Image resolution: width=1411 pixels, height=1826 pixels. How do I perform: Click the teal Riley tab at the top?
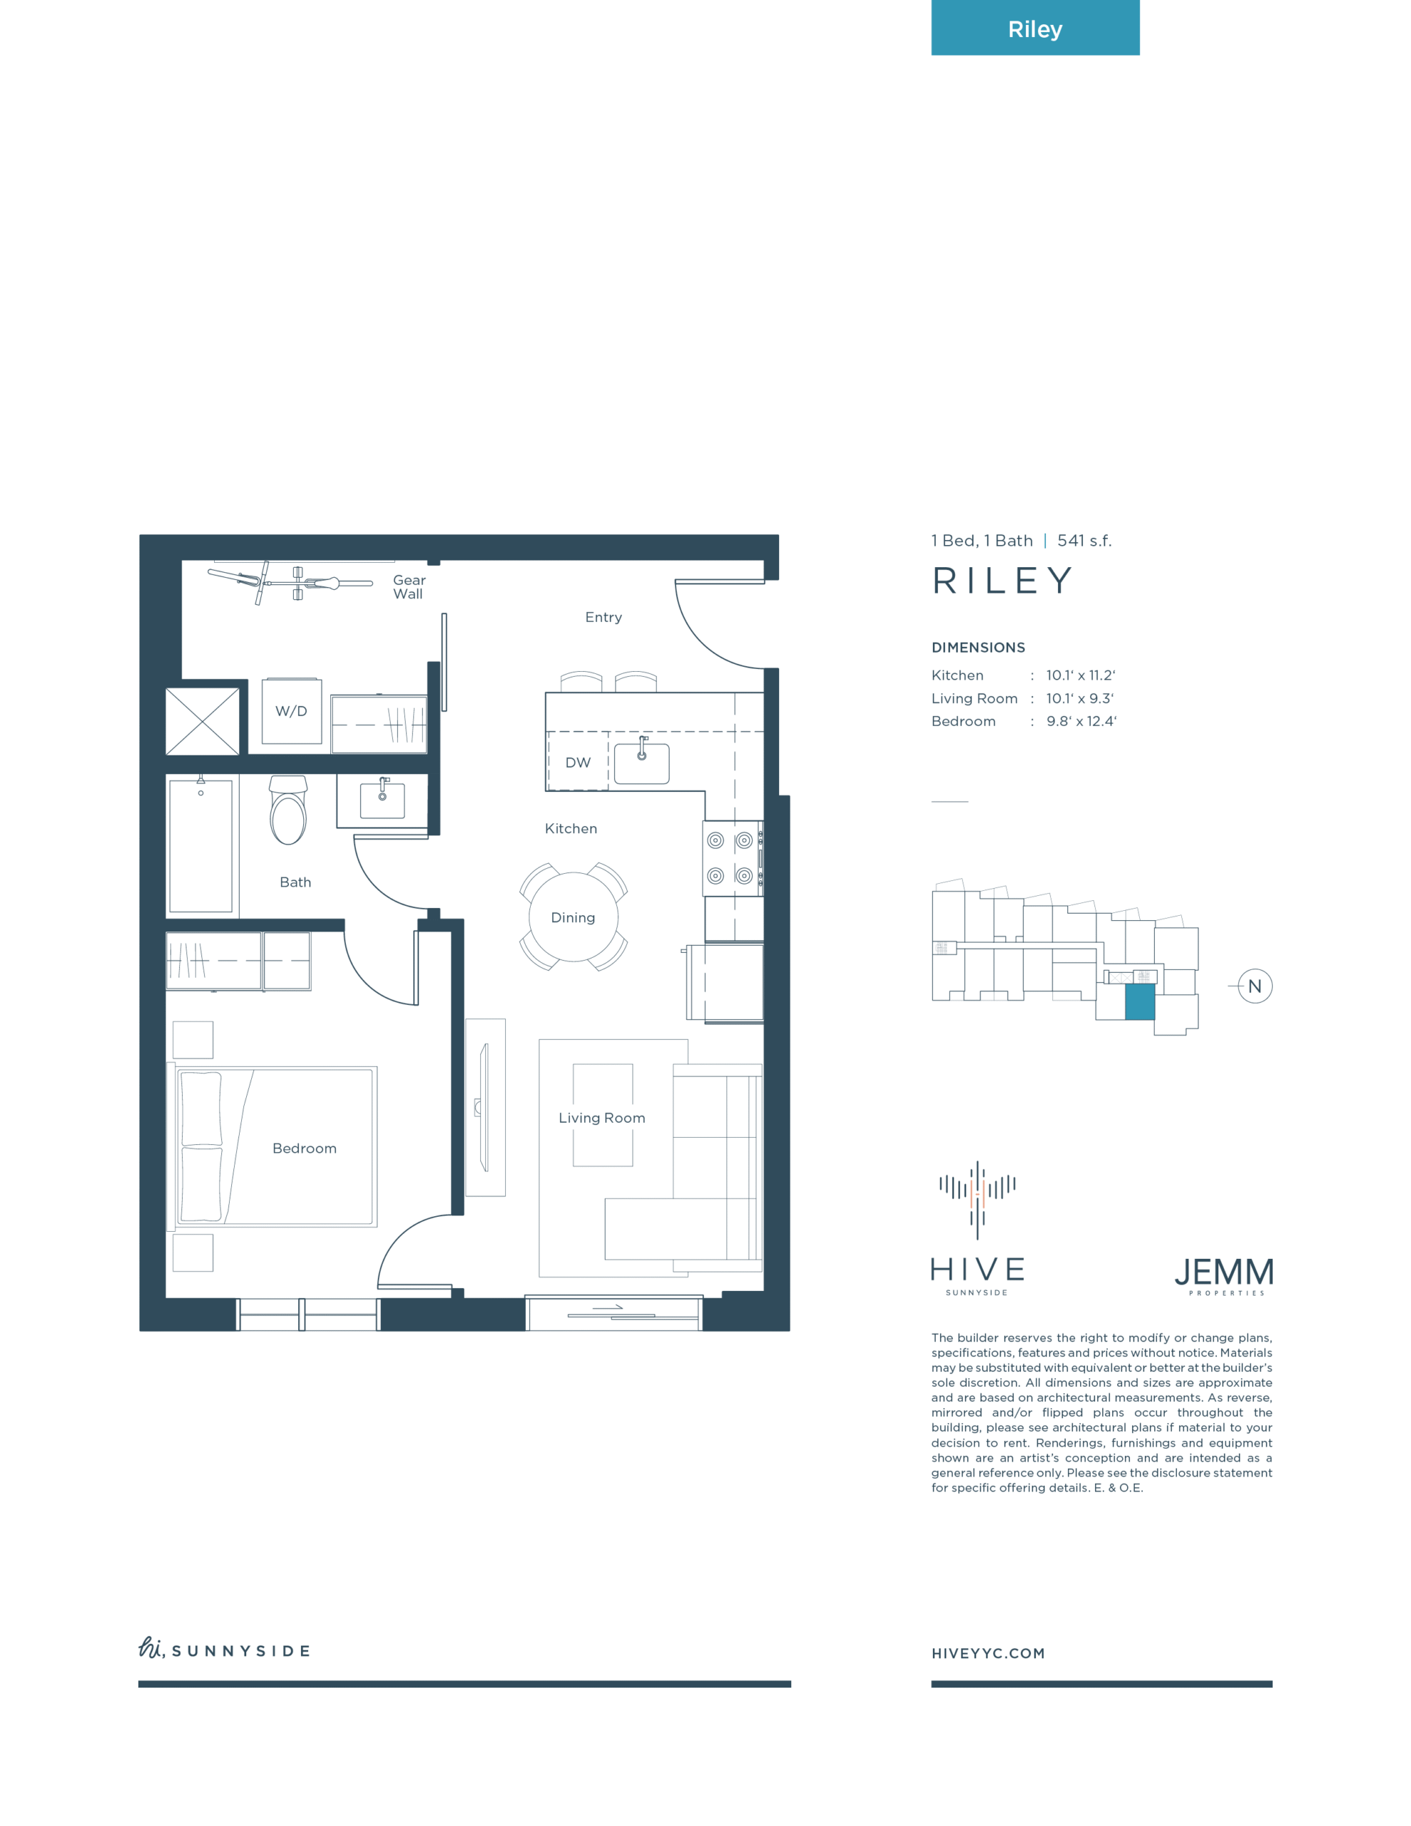tap(1034, 28)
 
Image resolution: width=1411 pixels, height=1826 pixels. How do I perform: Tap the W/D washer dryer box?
tap(291, 710)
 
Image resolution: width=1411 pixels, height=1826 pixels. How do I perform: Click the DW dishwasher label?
tap(578, 762)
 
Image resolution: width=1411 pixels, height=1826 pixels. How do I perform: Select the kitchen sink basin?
tap(641, 763)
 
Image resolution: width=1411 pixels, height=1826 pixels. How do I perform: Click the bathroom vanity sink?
tap(382, 800)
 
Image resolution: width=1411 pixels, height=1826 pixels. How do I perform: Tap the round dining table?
tap(573, 917)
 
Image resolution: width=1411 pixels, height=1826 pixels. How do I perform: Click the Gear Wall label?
tap(409, 587)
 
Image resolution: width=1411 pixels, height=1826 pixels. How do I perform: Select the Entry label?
tap(603, 617)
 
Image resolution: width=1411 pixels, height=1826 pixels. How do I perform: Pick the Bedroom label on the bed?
tap(305, 1148)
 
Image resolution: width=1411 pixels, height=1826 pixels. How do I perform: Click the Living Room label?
tap(601, 1118)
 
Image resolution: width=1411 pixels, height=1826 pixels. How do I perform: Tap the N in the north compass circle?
tap(1255, 986)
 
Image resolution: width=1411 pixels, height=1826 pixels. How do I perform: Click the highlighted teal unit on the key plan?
tap(1139, 1001)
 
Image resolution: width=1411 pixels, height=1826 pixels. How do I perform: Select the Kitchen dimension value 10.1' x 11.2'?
tap(1081, 675)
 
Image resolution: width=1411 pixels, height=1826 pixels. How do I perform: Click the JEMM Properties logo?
tap(1225, 1276)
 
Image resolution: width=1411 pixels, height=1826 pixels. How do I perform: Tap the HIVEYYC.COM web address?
tap(988, 1653)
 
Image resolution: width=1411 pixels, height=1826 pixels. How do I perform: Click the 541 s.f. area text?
tap(1085, 541)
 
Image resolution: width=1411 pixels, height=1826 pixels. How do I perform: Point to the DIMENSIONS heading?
tap(978, 647)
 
